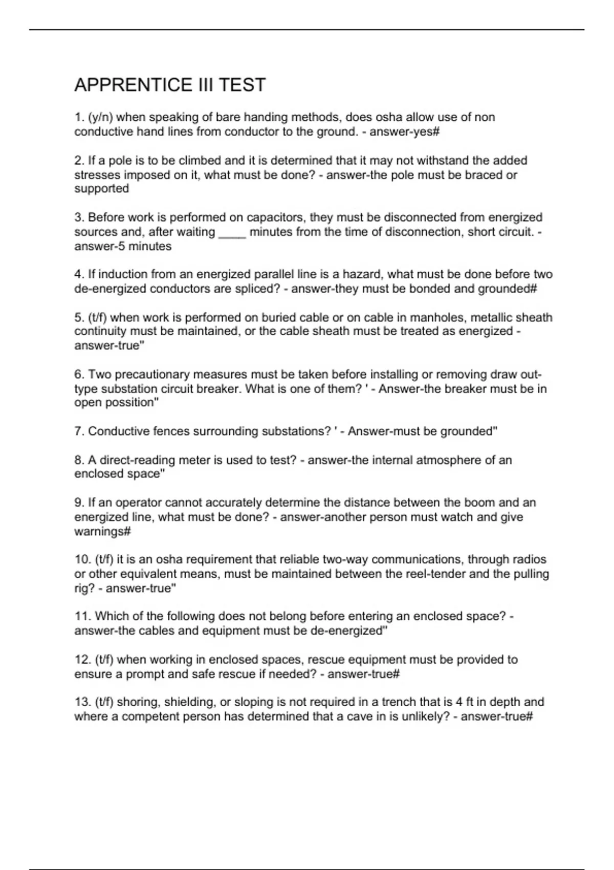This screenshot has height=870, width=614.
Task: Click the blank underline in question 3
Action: coord(232,232)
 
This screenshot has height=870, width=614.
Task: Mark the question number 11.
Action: coord(82,616)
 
